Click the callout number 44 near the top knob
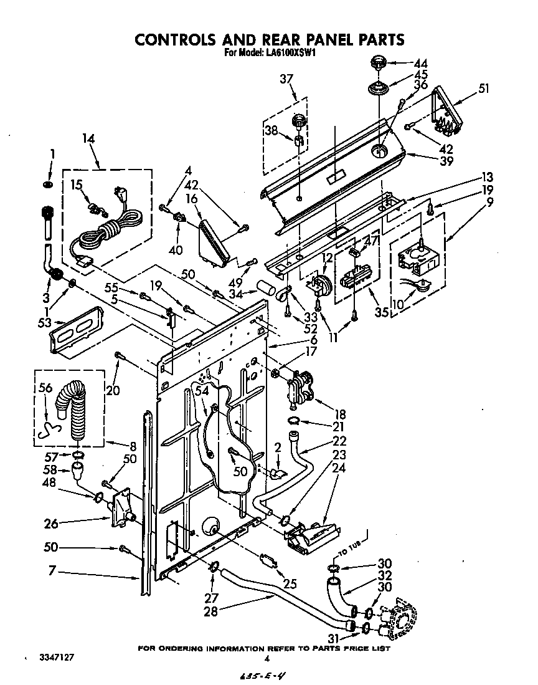tap(422, 63)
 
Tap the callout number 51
tap(484, 89)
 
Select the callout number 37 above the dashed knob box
tap(286, 79)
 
